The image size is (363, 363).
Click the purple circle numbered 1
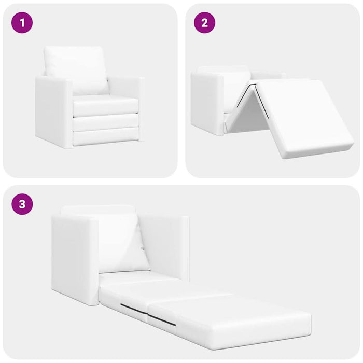(x=22, y=23)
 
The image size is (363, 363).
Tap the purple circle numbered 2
(x=205, y=23)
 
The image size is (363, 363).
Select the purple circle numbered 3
(x=22, y=204)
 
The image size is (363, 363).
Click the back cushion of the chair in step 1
(x=76, y=69)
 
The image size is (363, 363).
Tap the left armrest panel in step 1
(x=54, y=113)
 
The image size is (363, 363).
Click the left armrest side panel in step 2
(x=207, y=103)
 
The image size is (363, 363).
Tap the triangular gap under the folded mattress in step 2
(x=253, y=116)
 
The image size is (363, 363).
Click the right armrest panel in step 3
(x=164, y=248)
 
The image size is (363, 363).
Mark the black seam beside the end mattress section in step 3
(x=161, y=319)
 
